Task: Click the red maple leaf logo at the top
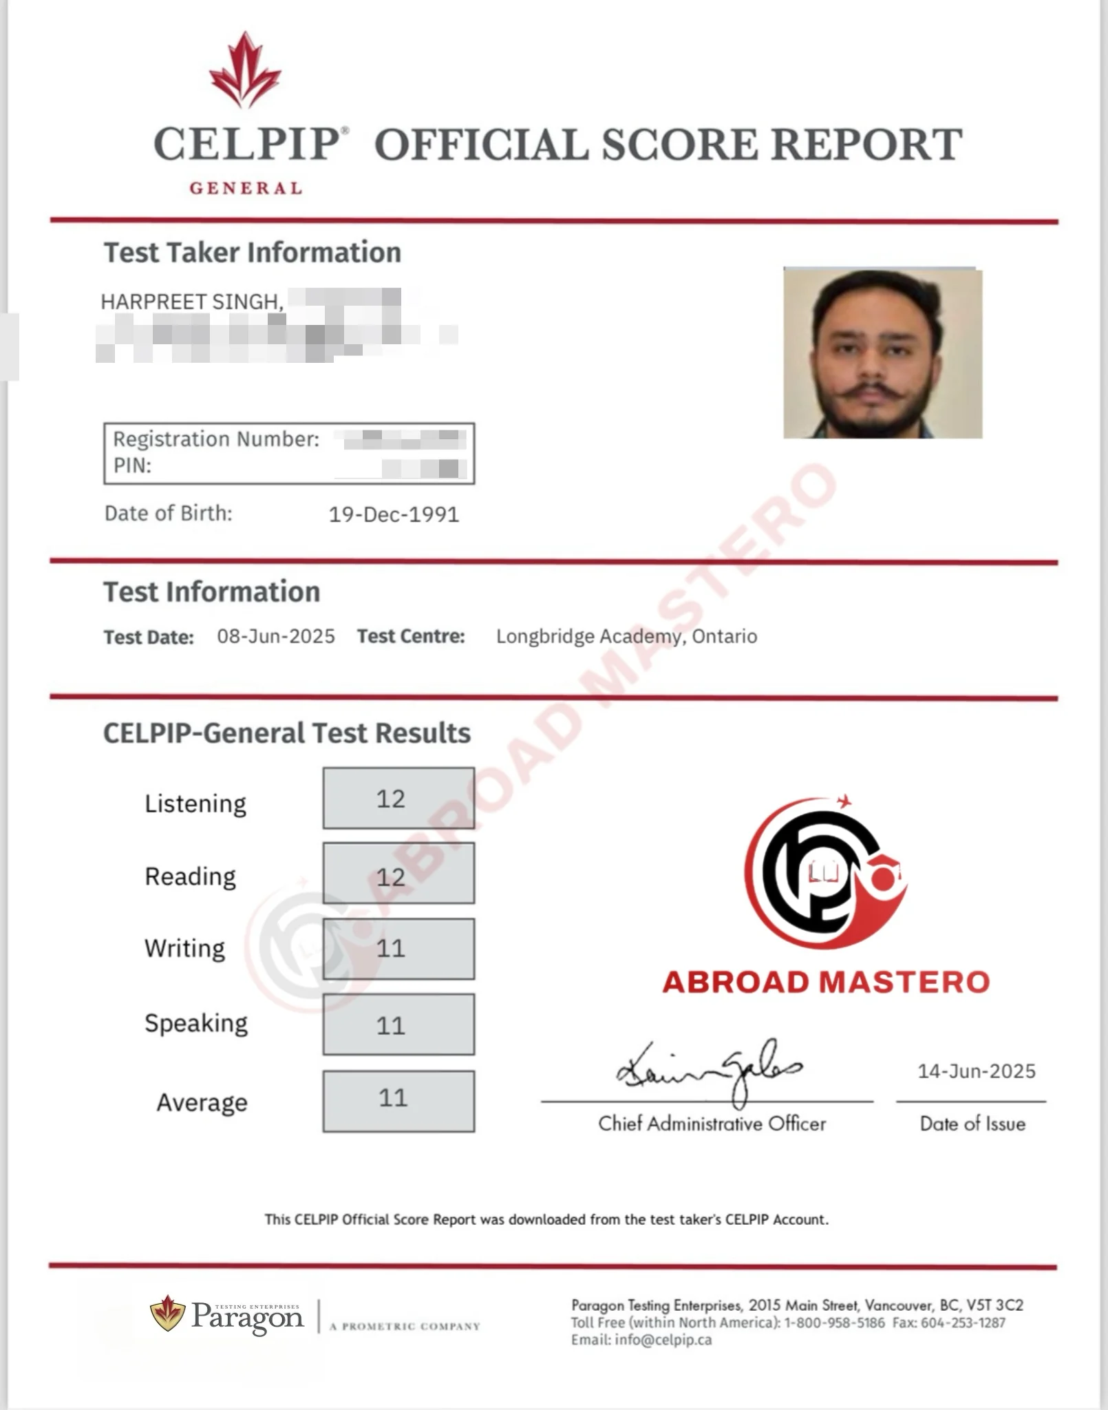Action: coord(245,70)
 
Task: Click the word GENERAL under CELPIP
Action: coord(246,188)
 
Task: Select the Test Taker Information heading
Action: coord(252,253)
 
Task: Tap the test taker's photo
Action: coord(882,353)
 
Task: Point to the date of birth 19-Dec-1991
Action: coord(394,514)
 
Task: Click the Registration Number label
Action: coord(216,439)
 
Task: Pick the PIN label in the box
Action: coord(132,465)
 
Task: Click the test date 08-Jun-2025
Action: coord(276,636)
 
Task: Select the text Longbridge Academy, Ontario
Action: coord(626,636)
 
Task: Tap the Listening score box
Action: coord(398,798)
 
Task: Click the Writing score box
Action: coord(398,949)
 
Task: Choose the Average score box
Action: coord(398,1101)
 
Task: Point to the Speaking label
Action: coord(196,1024)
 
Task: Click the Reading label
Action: coord(190,876)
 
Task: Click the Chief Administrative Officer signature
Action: coord(709,1069)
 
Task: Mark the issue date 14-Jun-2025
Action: coord(976,1071)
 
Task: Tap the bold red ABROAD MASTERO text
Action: coord(826,982)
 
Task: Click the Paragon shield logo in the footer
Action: coord(167,1313)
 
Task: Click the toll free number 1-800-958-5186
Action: coord(834,1323)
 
